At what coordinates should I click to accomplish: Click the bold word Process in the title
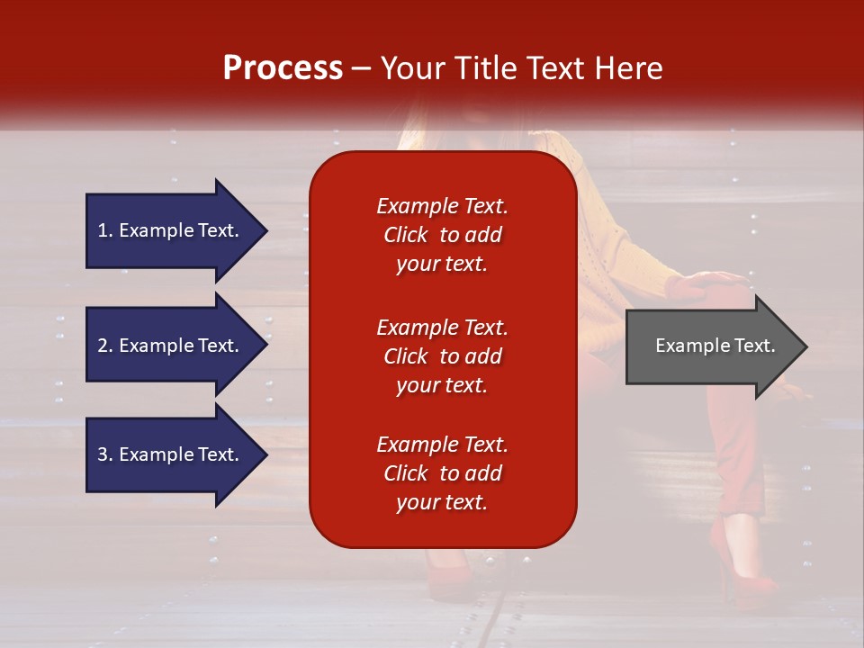tap(283, 68)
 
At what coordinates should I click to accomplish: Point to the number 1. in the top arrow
tap(105, 230)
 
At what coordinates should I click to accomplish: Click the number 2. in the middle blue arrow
tap(105, 346)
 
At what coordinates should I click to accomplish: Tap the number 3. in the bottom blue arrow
tap(105, 454)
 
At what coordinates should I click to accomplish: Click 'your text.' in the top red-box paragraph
tap(442, 265)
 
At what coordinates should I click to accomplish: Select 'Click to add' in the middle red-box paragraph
tap(442, 356)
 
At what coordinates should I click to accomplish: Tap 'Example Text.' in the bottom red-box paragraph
tap(442, 445)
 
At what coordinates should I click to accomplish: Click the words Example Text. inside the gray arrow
tap(715, 346)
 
